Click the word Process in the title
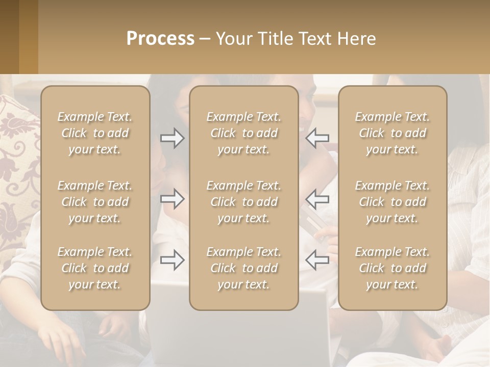click(x=160, y=39)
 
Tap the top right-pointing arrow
click(x=173, y=138)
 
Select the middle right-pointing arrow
click(x=173, y=199)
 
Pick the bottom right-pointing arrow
click(x=173, y=260)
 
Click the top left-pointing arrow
click(x=317, y=138)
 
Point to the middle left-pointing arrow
click(x=317, y=199)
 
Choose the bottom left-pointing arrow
click(x=317, y=260)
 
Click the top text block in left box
click(x=95, y=133)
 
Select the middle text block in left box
click(x=95, y=202)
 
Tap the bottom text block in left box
click(x=95, y=268)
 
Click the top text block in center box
click(x=243, y=133)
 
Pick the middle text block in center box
click(x=243, y=202)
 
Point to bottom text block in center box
click(x=243, y=268)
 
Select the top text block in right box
click(x=392, y=133)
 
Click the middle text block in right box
click(x=392, y=202)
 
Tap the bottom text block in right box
click(x=392, y=268)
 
